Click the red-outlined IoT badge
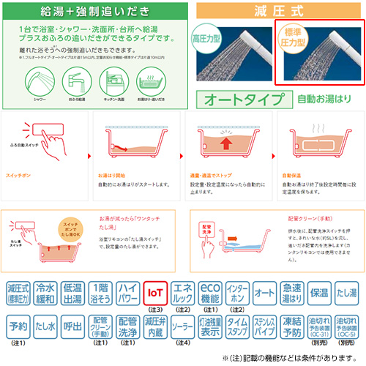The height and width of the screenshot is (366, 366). click(x=155, y=293)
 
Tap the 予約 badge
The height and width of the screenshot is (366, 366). click(x=19, y=324)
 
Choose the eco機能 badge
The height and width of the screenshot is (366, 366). click(x=210, y=293)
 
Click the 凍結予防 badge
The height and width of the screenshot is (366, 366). click(x=291, y=324)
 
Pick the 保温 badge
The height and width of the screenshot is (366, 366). click(x=319, y=293)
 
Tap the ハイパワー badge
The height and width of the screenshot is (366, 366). click(x=128, y=293)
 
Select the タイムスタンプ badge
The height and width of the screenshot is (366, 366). click(x=237, y=324)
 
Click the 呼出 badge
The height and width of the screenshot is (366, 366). click(x=74, y=324)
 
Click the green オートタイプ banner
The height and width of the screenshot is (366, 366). click(x=242, y=98)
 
